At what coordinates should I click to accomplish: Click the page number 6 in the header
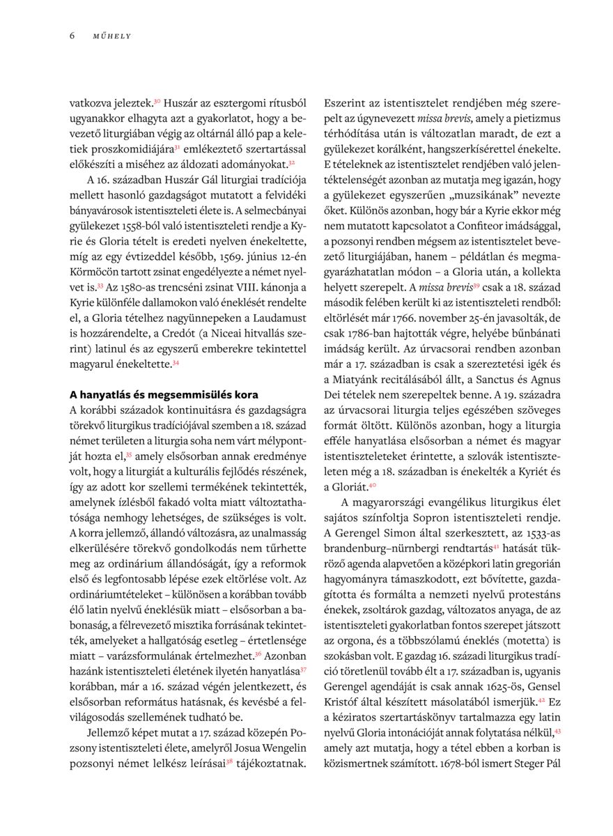coord(72,36)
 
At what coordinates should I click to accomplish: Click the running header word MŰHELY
coord(112,36)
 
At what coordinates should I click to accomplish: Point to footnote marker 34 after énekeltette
coord(176,362)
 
